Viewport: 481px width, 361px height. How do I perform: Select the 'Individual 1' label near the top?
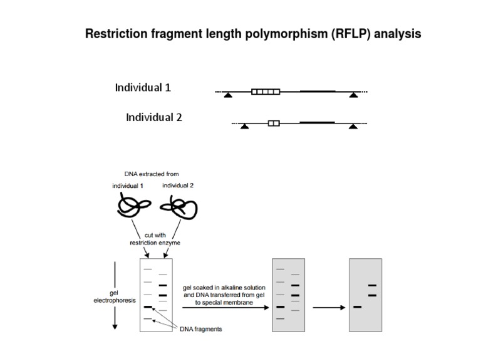tap(142, 88)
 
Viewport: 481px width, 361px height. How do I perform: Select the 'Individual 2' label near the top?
tap(153, 117)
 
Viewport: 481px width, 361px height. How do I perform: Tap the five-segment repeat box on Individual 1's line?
tap(265, 92)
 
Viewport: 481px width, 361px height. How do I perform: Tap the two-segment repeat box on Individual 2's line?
tap(274, 123)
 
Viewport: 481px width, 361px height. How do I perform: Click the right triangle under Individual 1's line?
tap(354, 95)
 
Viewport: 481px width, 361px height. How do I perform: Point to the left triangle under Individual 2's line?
tap(245, 126)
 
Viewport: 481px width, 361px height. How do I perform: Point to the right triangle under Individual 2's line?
tap(353, 126)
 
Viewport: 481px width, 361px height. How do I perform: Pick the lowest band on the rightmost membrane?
tap(358, 307)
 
